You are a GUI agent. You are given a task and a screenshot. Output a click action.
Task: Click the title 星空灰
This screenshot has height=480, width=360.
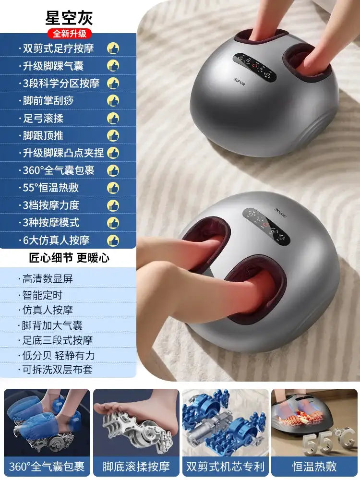69,18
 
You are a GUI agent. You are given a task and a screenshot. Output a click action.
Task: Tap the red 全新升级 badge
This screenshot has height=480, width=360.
70,34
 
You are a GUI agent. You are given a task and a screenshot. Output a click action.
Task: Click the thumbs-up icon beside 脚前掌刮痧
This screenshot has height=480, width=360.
113,101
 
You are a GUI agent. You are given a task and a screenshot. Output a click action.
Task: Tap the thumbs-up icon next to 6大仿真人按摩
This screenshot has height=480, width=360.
113,240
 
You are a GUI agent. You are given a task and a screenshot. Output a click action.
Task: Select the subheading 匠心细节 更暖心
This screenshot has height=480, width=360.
69,258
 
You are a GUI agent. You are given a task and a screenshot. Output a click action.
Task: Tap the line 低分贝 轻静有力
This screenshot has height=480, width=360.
59,355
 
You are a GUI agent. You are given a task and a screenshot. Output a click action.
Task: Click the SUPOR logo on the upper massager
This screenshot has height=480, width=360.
240,82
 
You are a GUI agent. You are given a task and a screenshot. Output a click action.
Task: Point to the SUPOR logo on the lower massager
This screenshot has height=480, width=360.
280,212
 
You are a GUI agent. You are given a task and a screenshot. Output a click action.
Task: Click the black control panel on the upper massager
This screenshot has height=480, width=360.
255,66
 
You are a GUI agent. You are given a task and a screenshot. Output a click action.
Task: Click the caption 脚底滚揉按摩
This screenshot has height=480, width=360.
136,467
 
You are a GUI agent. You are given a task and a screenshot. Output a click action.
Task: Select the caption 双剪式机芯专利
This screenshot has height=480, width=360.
225,467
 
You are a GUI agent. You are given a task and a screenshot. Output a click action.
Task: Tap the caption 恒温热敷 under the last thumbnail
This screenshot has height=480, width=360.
314,467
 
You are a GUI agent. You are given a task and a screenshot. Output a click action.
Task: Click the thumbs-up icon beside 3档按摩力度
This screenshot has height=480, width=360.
113,205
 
